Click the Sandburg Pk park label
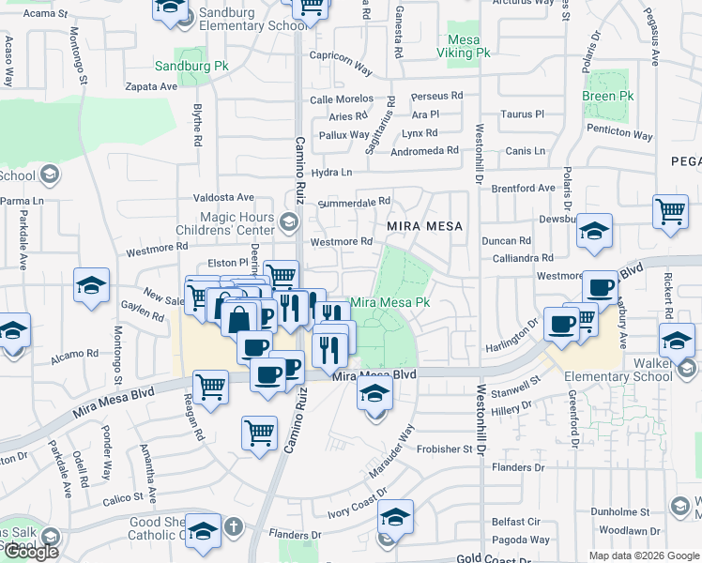191,67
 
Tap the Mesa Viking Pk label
464,47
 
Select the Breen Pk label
605,96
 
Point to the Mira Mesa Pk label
389,303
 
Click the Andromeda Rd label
424,150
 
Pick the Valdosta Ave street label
223,197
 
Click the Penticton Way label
619,134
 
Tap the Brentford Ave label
524,189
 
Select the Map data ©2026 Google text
644,555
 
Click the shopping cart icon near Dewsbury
670,211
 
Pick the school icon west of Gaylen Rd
91,284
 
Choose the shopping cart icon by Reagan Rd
210,386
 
